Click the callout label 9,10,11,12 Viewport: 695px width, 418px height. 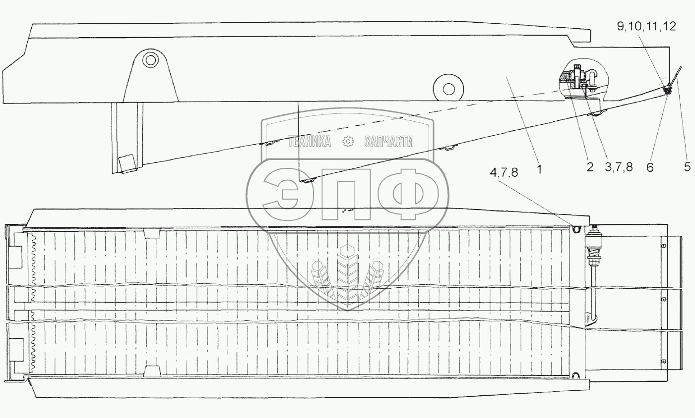point(646,27)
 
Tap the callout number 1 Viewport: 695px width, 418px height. point(539,168)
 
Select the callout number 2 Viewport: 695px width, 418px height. point(589,167)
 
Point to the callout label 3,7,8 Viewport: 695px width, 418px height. point(619,167)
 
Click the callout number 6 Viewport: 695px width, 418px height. point(649,167)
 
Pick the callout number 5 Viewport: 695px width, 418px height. point(687,167)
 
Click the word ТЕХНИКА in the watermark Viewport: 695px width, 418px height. point(310,142)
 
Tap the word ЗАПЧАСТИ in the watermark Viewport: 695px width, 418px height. point(389,142)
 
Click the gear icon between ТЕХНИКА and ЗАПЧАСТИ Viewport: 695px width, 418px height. point(348,142)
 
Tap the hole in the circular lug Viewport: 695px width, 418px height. point(448,89)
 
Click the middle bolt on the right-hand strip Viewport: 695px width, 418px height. point(664,299)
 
